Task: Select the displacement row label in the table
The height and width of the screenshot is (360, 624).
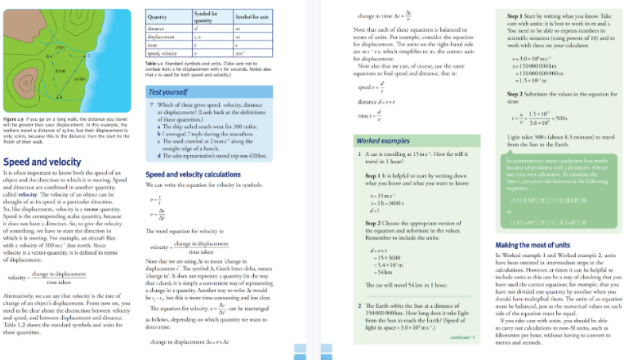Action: pos(160,37)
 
